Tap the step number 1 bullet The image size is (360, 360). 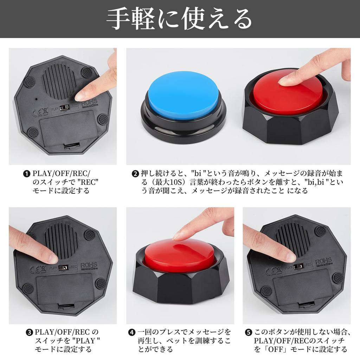27,174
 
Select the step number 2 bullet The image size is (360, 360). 135,174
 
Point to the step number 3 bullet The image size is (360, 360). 29,333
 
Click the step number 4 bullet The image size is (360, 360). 131,333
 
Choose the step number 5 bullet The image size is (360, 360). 249,333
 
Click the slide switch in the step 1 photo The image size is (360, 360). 65,108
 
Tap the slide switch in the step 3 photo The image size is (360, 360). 63,267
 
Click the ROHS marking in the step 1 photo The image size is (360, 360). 89,102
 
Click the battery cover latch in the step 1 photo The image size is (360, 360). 72,146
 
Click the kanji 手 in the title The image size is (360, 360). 119,19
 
